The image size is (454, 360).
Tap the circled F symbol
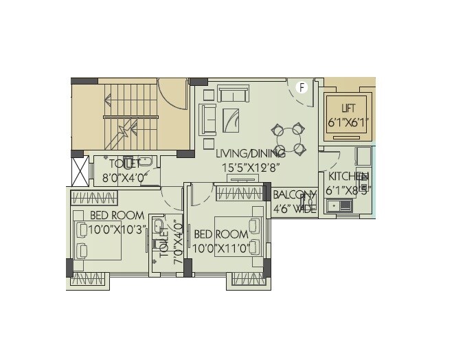point(300,87)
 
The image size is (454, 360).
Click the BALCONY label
point(295,195)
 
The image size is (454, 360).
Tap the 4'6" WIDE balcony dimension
point(295,209)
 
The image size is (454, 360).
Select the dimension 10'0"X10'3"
point(117,229)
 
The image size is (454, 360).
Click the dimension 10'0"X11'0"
point(221,249)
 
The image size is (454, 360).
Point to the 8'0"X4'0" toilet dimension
point(123,177)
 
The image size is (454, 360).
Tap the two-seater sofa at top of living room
point(234,94)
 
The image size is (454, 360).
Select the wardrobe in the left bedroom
point(94,198)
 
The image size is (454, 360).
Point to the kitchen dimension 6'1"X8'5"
point(348,190)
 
